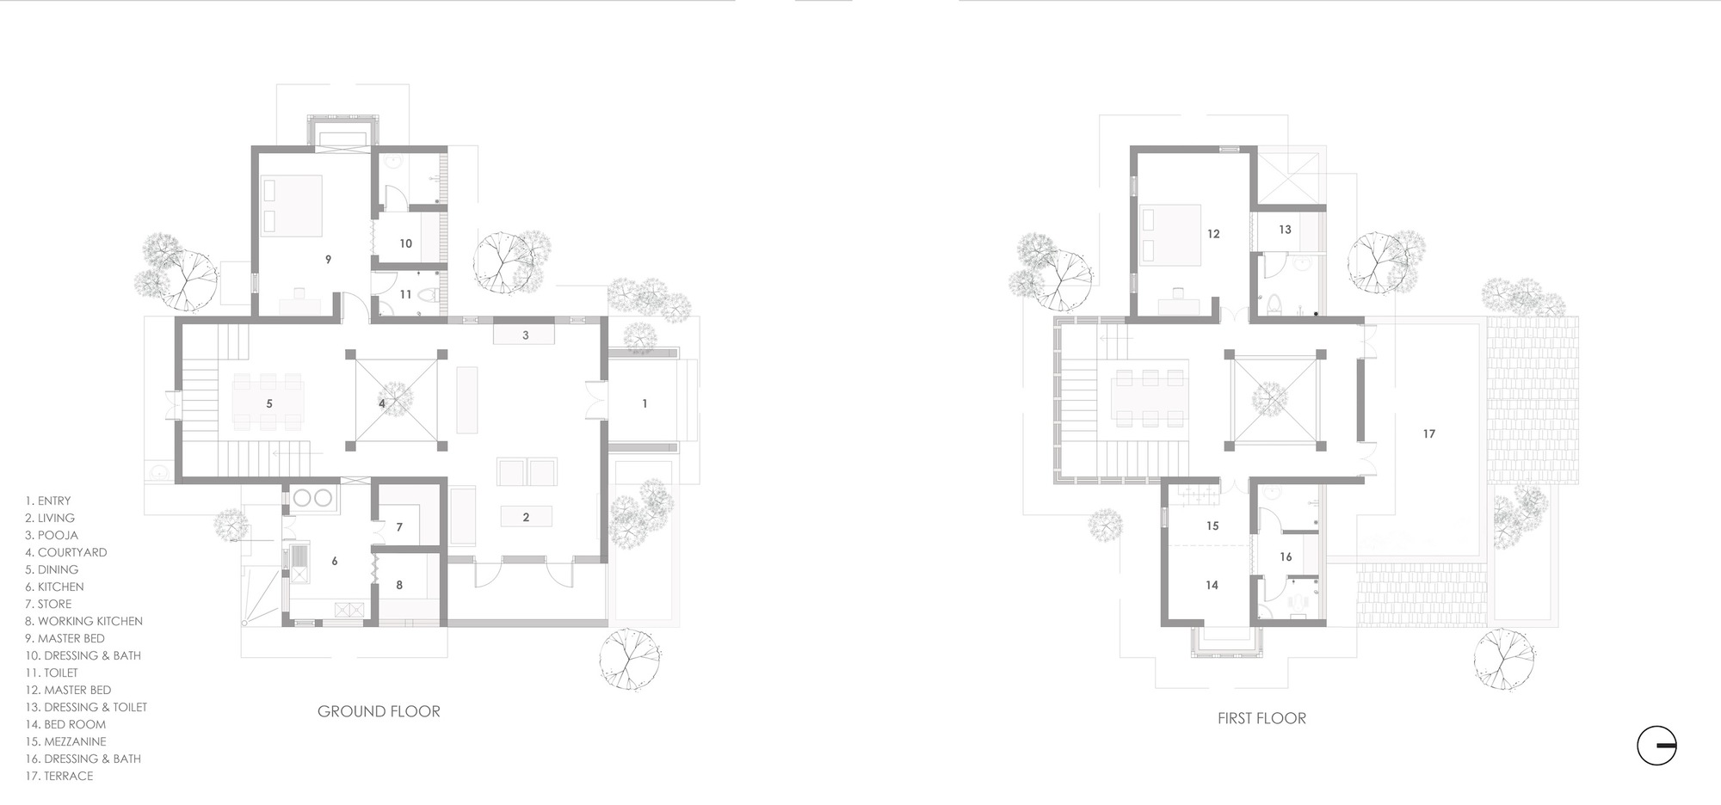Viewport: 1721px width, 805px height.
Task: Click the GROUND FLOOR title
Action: (x=379, y=711)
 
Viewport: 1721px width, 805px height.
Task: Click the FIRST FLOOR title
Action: (x=1261, y=718)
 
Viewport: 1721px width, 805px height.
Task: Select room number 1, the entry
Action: (x=645, y=403)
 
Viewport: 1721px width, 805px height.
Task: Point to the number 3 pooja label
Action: (x=526, y=335)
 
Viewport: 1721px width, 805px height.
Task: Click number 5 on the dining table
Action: (x=269, y=403)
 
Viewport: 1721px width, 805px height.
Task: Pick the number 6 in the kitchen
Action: (x=335, y=562)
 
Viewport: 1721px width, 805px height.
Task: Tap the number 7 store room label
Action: (x=399, y=527)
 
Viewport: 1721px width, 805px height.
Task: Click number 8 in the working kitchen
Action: (x=399, y=586)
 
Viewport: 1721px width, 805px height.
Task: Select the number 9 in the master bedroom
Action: (x=328, y=259)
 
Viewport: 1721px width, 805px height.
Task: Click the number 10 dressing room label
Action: (x=405, y=244)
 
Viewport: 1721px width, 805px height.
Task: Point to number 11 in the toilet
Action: (x=405, y=295)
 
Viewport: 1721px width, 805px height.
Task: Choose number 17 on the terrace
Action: (x=1428, y=434)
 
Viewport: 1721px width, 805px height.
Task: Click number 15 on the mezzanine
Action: (x=1212, y=526)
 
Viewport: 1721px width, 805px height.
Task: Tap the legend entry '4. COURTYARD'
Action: (x=66, y=552)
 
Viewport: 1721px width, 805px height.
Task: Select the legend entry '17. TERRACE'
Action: (x=59, y=776)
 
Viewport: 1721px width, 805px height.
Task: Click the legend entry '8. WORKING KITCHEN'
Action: (x=84, y=621)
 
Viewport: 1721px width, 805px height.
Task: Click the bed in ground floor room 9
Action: (x=292, y=206)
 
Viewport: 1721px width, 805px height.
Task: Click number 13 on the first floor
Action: (x=1285, y=230)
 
